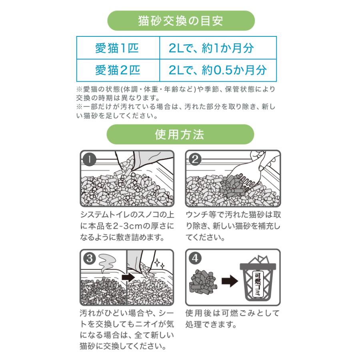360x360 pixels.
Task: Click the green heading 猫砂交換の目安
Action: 181,20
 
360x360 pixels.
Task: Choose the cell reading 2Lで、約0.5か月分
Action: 217,70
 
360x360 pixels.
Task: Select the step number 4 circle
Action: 195,258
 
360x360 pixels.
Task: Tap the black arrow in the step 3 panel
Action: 128,277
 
